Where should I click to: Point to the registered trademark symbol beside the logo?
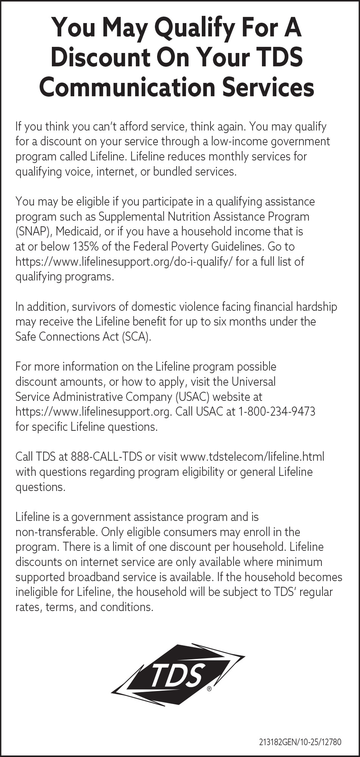(x=209, y=689)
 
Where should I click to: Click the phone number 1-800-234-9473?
(x=277, y=411)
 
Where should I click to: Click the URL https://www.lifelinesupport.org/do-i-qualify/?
(x=124, y=262)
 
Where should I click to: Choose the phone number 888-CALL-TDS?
(x=106, y=456)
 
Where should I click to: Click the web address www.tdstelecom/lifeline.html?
(x=252, y=456)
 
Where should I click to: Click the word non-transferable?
(x=56, y=532)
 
